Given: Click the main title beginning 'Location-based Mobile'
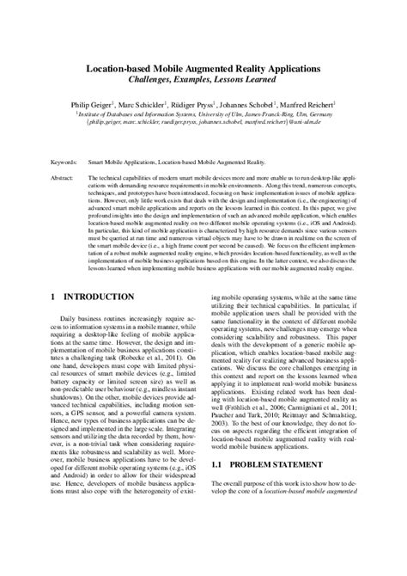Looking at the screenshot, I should click(x=203, y=66).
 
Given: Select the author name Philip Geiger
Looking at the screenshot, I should click(x=94, y=103).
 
